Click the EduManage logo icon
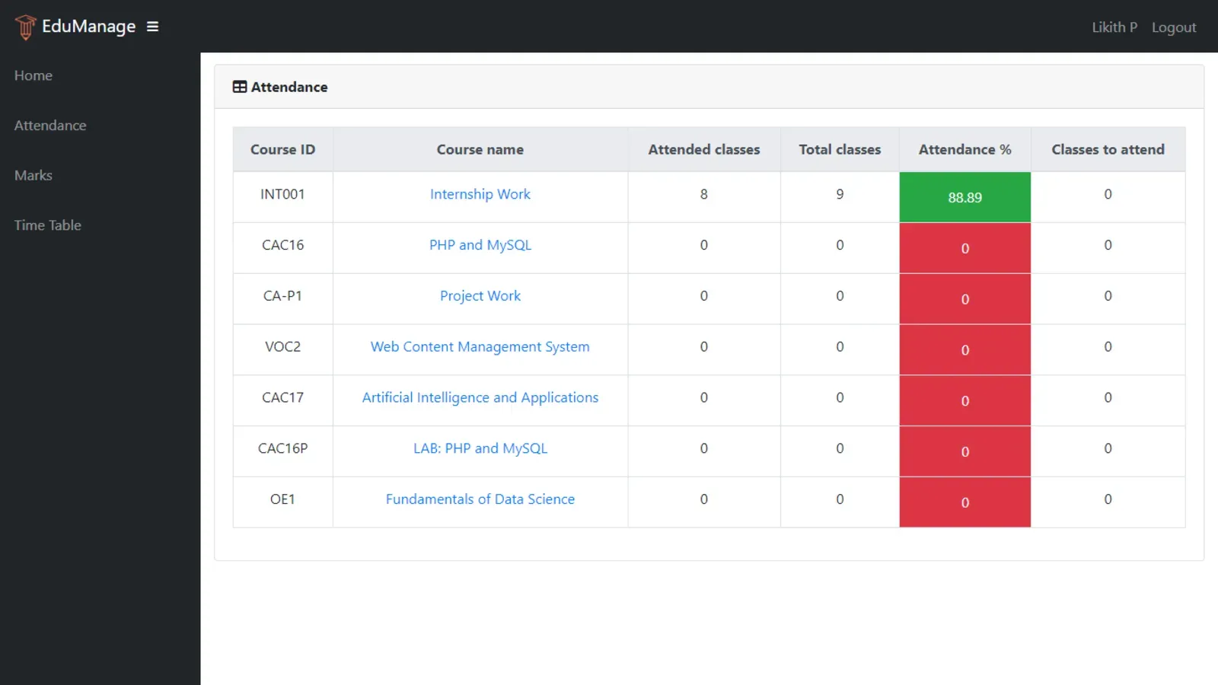click(x=25, y=27)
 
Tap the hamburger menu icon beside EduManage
click(x=152, y=27)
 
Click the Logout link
click(x=1173, y=27)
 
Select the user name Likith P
click(x=1114, y=27)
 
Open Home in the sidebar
click(x=33, y=75)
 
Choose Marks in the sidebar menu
click(x=33, y=175)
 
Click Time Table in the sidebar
click(x=47, y=225)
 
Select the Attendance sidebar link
click(x=50, y=126)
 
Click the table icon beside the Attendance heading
click(x=240, y=87)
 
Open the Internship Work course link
click(x=480, y=194)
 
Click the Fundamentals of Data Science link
click(x=480, y=499)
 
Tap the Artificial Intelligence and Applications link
click(x=480, y=397)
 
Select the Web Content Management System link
click(x=480, y=347)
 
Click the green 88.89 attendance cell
click(x=965, y=197)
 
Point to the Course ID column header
click(x=282, y=150)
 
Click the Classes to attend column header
click(x=1108, y=150)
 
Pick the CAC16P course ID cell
click(x=282, y=448)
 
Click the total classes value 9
click(x=840, y=194)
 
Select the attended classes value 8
click(x=703, y=194)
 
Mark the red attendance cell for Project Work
click(x=965, y=299)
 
